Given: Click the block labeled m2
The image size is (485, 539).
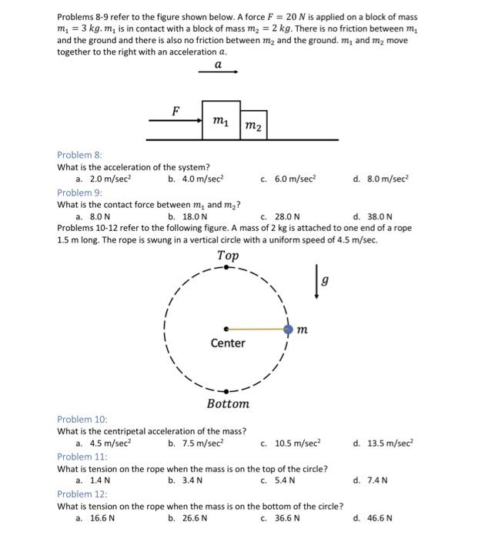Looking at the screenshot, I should [254, 126].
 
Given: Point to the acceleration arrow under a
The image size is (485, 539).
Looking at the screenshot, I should [218, 72].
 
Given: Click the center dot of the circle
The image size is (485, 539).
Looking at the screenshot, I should [226, 330].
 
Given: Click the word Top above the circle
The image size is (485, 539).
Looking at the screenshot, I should [228, 256].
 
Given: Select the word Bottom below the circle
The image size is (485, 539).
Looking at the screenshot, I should [228, 403].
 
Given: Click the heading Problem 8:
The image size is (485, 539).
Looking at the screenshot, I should [79, 155].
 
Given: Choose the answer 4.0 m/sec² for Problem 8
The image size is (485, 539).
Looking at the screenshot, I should [196, 179].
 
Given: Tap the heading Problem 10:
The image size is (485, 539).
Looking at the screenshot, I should [82, 419].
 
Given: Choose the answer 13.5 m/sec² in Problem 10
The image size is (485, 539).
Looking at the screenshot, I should [380, 444].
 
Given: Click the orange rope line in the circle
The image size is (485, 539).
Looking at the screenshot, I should [256, 330].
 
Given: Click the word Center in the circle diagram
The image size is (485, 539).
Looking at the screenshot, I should [228, 343].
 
